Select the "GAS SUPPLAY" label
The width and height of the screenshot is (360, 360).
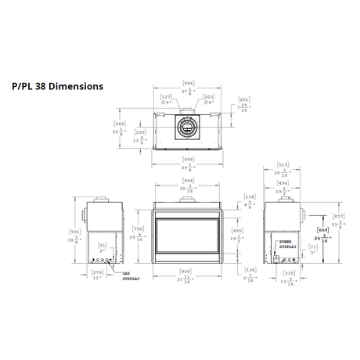[x=130, y=275]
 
